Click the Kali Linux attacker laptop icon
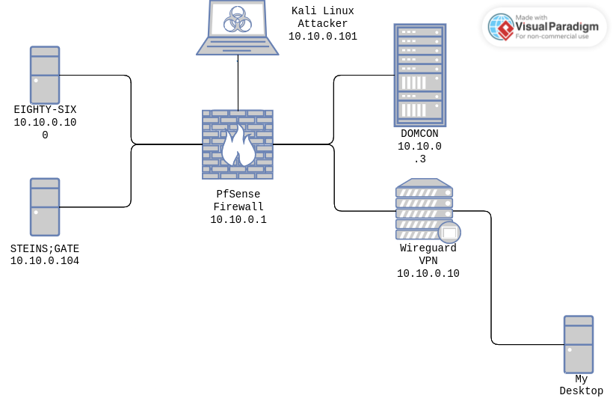[x=238, y=28]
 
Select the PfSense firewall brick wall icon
[x=238, y=144]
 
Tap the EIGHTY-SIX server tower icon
[x=45, y=75]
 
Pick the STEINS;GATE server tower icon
[x=45, y=207]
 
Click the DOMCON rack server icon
[x=420, y=75]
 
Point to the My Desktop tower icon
[x=579, y=344]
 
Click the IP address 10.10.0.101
[x=323, y=36]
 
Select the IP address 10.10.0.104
[x=45, y=261]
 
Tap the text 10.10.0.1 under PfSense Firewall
[x=238, y=220]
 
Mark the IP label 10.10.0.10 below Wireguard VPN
[x=428, y=274]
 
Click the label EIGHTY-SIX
[x=45, y=110]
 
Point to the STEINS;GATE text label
[x=45, y=248]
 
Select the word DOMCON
[x=419, y=134]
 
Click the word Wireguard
[x=428, y=248]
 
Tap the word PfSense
[x=238, y=195]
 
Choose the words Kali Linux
[x=323, y=11]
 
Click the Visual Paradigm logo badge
[x=544, y=27]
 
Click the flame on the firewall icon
[x=238, y=147]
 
